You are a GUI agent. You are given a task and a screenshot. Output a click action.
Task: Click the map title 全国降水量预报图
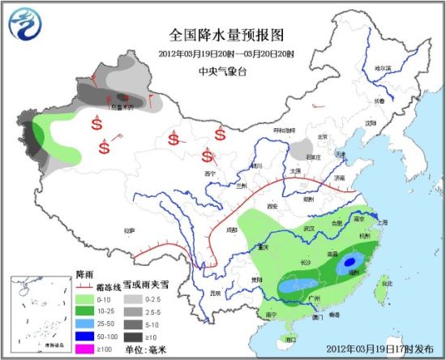(x=227, y=35)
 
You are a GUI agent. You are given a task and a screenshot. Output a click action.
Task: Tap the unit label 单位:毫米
(x=151, y=349)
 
